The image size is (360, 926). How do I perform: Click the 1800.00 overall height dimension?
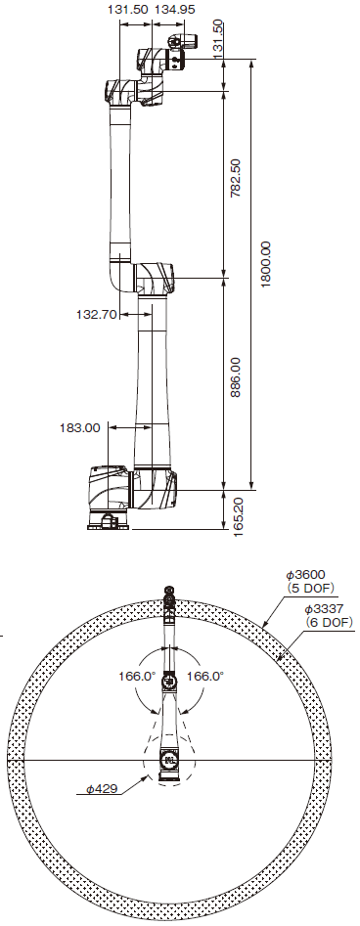click(x=265, y=264)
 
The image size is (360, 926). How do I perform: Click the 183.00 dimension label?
click(x=80, y=427)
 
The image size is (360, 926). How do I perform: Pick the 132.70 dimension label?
click(x=97, y=314)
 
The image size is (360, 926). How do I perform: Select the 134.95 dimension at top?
click(x=174, y=10)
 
